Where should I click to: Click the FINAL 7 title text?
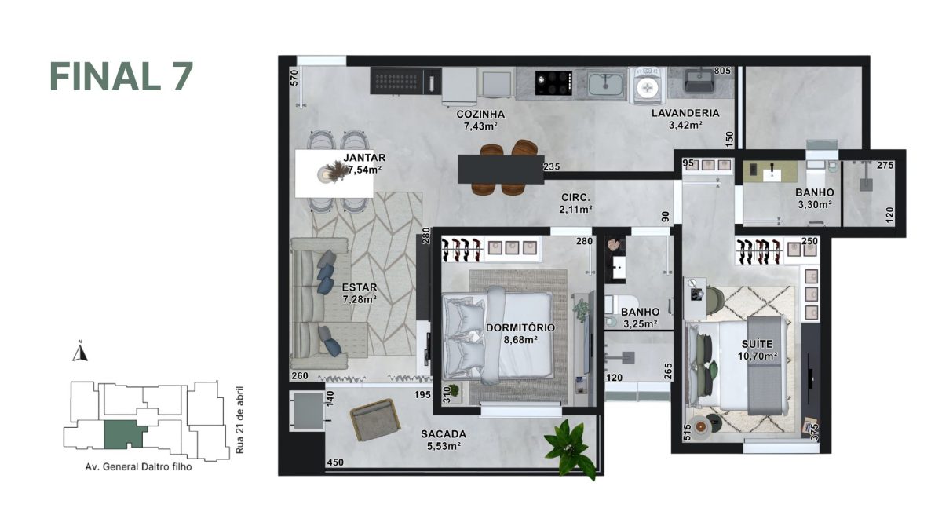tap(121, 76)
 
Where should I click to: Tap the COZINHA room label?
tap(480, 114)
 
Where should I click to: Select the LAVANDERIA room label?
tap(685, 113)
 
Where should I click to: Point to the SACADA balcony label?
tap(444, 433)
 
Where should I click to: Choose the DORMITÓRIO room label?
tap(520, 327)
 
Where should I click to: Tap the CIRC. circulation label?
tap(575, 197)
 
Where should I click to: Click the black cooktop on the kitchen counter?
tap(553, 82)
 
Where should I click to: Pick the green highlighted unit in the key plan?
tap(120, 433)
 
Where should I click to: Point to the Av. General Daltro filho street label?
tap(138, 466)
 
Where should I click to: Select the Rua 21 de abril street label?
tap(239, 420)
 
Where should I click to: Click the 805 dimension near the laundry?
tap(723, 71)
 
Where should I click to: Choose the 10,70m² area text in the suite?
tap(759, 356)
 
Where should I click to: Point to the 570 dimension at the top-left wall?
tap(294, 77)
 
